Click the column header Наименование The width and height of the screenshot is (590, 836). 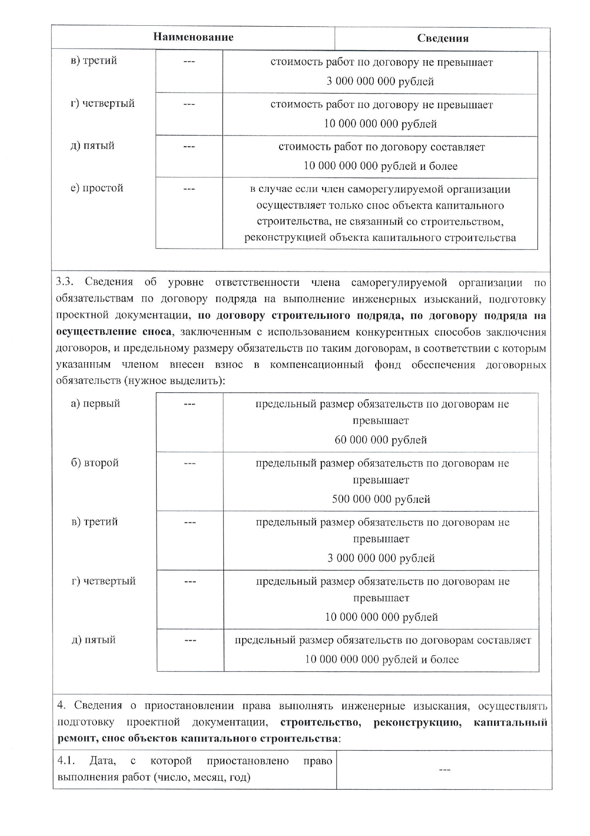(x=193, y=37)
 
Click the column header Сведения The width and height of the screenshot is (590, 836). (x=442, y=39)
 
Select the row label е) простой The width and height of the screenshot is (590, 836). (x=97, y=188)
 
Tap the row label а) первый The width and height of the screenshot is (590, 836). (x=95, y=404)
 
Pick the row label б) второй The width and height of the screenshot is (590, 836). (x=95, y=463)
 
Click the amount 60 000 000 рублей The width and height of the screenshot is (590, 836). (x=380, y=440)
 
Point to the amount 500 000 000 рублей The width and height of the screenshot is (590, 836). (x=381, y=499)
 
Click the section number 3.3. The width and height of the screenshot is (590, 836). (x=64, y=282)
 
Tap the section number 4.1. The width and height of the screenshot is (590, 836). (x=66, y=761)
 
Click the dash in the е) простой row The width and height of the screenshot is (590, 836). (x=189, y=189)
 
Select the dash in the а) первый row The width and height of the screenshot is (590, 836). (x=190, y=405)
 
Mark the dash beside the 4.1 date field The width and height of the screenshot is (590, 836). (x=444, y=769)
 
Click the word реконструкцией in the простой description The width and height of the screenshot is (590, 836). (x=284, y=238)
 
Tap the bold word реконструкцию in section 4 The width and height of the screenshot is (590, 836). (x=418, y=722)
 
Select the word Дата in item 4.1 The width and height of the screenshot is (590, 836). (x=102, y=761)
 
